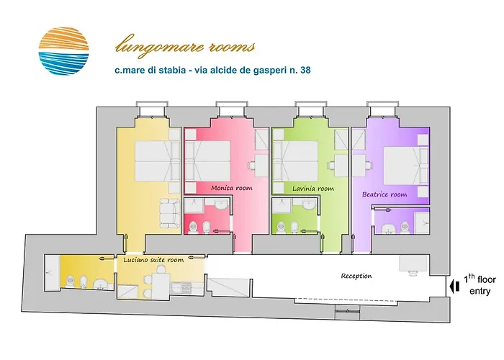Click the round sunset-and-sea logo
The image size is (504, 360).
[x=63, y=52]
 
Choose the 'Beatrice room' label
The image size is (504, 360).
[x=384, y=194]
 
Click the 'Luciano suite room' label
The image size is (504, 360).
[x=154, y=260]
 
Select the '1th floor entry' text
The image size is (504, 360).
[x=478, y=284]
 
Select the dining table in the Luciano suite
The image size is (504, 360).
[x=159, y=284]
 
